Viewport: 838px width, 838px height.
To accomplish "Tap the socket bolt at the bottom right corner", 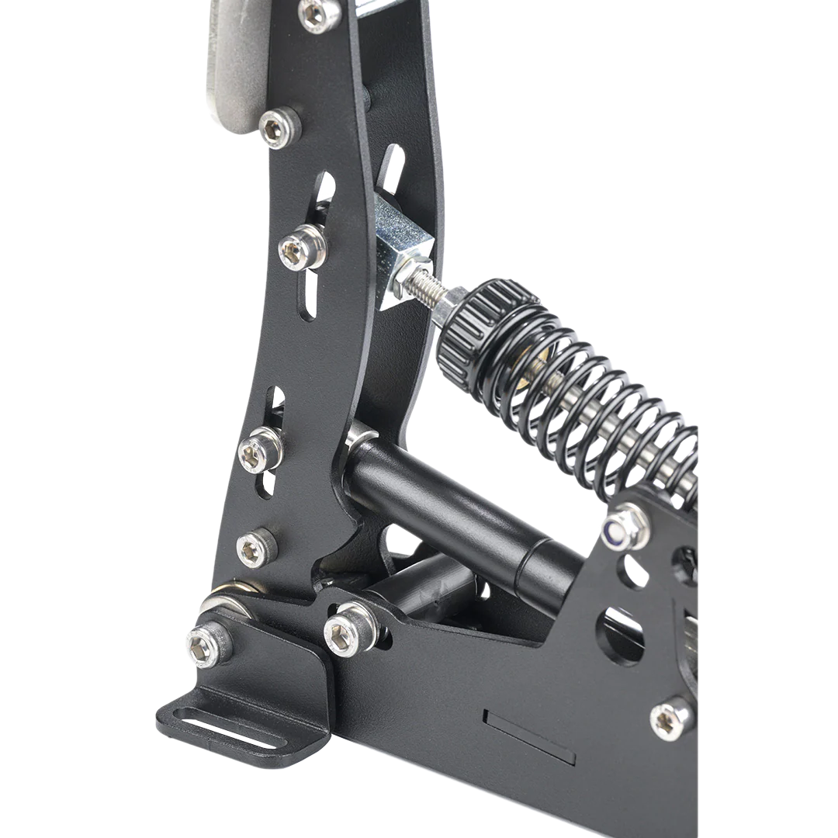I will coord(670,721).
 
